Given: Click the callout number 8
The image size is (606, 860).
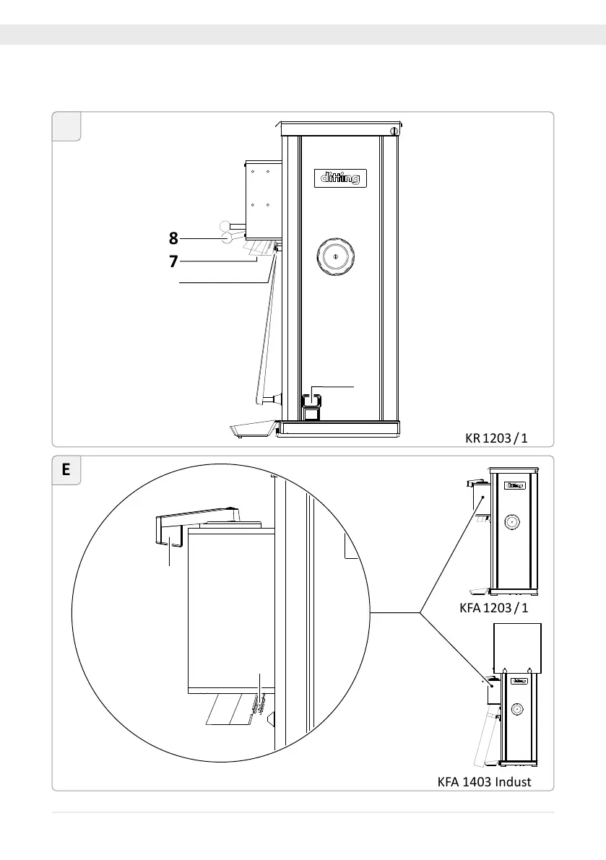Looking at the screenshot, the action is [x=173, y=237].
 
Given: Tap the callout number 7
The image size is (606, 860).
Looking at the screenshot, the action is [x=173, y=261].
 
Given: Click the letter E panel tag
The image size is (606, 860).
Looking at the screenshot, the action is [x=66, y=471].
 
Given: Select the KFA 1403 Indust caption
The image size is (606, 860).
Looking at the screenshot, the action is [x=485, y=781].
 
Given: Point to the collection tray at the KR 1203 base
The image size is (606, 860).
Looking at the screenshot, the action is [x=251, y=430].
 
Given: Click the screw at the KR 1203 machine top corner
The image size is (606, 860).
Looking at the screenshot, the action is [x=393, y=131].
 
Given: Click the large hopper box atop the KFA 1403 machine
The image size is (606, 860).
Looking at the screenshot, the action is [x=516, y=646].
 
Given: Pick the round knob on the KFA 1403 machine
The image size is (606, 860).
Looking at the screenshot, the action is [x=517, y=710].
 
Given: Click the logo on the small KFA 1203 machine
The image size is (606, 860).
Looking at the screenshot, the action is [x=514, y=486].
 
